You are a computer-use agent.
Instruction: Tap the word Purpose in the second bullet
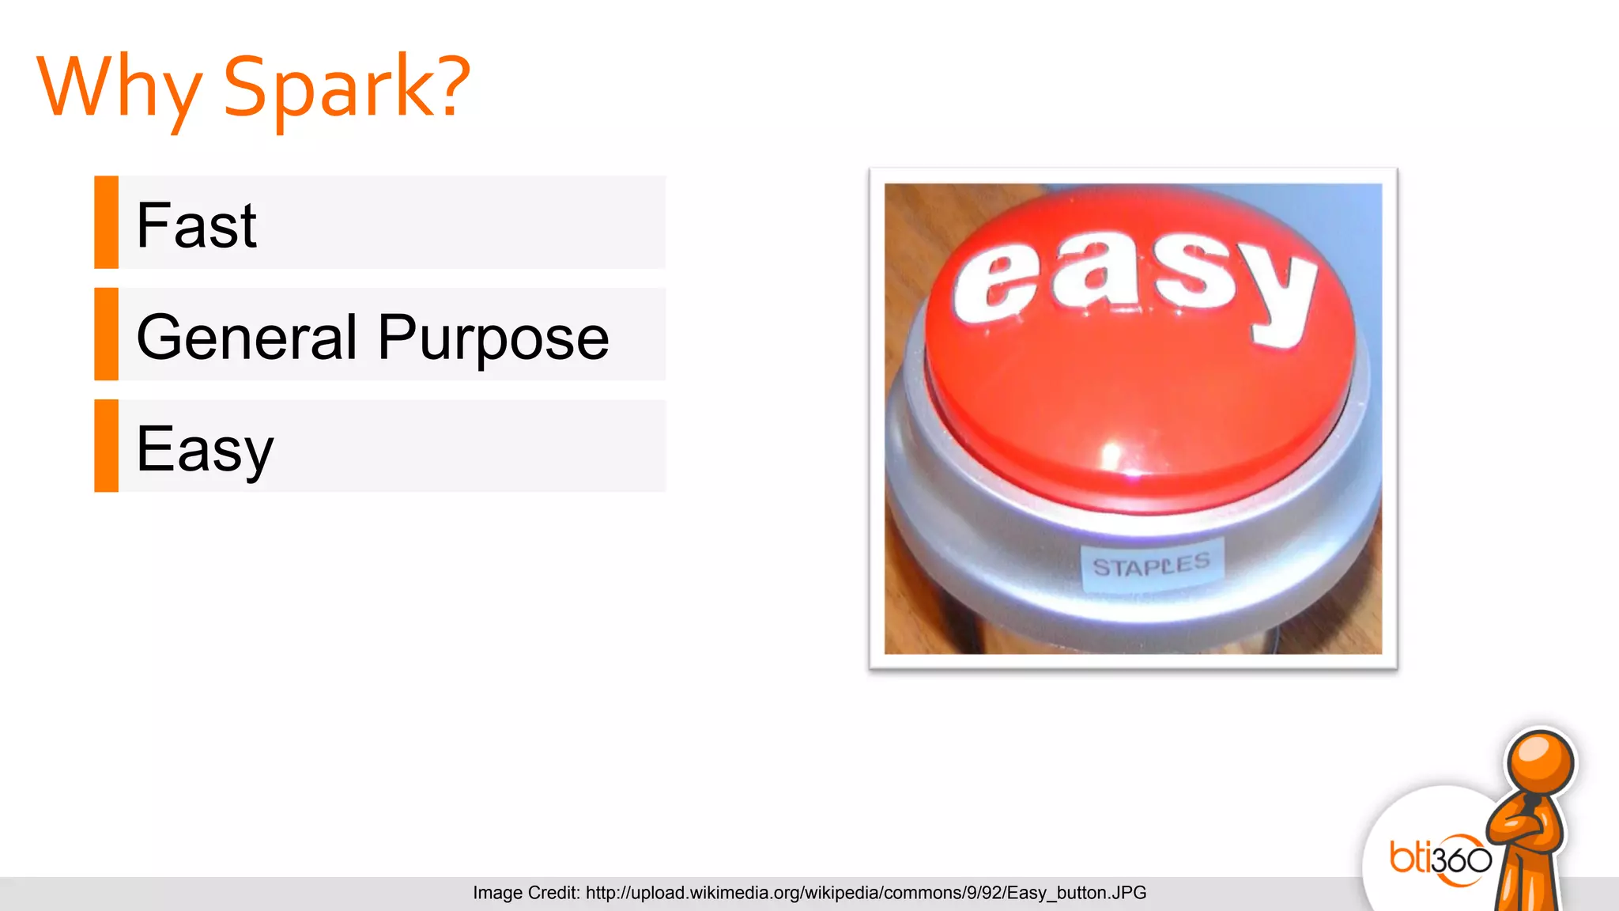click(493, 338)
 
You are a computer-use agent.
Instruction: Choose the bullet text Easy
click(204, 449)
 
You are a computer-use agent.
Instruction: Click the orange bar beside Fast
click(106, 222)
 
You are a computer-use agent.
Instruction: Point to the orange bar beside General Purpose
click(106, 334)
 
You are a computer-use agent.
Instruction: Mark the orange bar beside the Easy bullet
click(106, 446)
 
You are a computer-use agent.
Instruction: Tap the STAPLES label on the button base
click(1151, 565)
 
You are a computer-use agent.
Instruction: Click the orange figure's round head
click(1539, 764)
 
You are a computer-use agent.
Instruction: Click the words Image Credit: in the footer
click(526, 893)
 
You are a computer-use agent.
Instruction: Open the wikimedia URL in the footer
click(866, 893)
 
